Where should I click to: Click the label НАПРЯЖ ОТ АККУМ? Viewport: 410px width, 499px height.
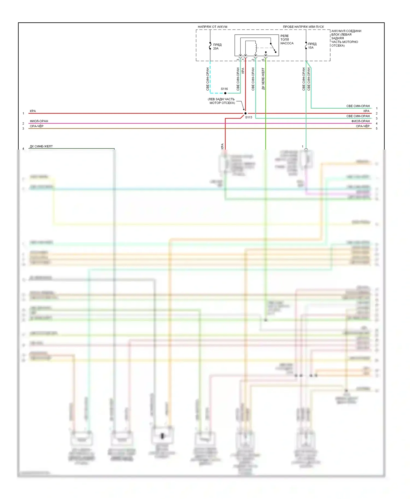212,27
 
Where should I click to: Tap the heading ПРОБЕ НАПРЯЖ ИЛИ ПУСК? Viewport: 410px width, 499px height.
303,27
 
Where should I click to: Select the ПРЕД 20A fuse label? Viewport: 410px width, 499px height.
217,46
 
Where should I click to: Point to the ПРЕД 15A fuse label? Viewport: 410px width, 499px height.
312,46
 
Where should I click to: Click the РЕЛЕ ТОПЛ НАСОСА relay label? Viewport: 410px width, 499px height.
287,40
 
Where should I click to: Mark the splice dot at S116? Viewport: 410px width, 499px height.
225,93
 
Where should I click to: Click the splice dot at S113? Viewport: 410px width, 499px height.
245,113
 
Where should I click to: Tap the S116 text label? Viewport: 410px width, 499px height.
224,89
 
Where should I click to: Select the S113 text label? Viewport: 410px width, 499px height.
248,117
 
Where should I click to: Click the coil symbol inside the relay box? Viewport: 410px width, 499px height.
256,48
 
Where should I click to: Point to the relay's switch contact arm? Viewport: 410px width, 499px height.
273,48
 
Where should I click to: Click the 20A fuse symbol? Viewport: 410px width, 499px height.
210,46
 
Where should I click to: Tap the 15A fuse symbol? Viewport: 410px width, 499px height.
306,46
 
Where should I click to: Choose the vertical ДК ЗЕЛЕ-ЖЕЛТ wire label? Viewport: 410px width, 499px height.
263,79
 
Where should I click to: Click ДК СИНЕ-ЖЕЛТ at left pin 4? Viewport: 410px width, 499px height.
41,146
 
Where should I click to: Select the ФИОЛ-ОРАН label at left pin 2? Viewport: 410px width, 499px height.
39,121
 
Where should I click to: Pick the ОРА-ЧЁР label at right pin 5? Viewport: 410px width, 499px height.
362,126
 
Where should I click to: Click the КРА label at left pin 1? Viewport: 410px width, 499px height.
33,111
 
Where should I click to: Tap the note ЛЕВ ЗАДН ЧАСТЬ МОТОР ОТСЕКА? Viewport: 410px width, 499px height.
221,101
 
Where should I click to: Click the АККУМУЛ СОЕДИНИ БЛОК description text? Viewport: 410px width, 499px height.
346,38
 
